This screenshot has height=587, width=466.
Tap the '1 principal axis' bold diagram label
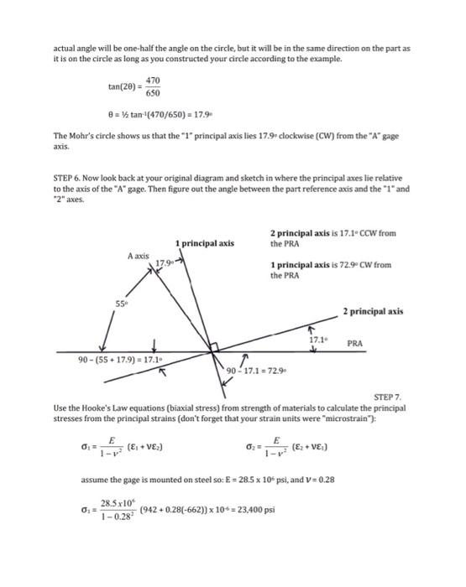click(x=204, y=244)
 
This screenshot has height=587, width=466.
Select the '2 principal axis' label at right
click(x=373, y=311)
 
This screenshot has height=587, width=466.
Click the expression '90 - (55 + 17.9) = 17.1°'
click(x=121, y=360)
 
